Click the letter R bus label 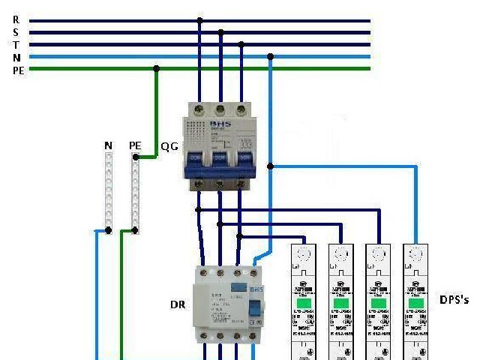coord(16,19)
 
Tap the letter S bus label coord(16,32)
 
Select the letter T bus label coord(16,44)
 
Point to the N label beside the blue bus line coord(16,57)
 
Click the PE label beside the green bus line coord(19,70)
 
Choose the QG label coord(169,146)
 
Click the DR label coord(177,305)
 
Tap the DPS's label coord(454,299)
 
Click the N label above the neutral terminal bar coord(109,145)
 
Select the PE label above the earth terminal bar coord(135,145)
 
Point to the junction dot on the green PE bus coord(156,68)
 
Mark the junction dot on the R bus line coord(199,21)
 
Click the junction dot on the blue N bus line coord(270,56)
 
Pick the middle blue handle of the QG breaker coord(219,158)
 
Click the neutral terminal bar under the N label coord(109,191)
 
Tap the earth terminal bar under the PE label coord(135,191)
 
